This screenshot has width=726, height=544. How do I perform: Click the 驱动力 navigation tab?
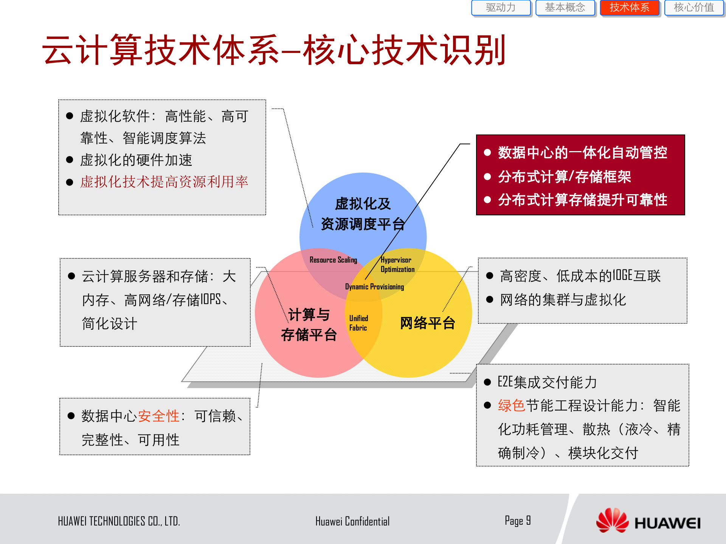(x=501, y=8)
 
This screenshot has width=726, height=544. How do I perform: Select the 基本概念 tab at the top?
(x=565, y=8)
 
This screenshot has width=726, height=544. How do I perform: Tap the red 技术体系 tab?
(x=630, y=8)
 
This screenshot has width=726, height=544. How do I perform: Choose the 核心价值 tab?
(x=694, y=8)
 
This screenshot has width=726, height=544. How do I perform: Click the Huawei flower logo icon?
(x=612, y=520)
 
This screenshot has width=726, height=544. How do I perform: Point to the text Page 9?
(x=518, y=521)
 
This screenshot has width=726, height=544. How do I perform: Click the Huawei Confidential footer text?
(x=352, y=521)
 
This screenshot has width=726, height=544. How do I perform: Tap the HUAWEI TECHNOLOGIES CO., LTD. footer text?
(x=119, y=521)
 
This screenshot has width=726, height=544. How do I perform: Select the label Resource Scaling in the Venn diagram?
(x=333, y=260)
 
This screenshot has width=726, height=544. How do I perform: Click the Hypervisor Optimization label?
(x=397, y=264)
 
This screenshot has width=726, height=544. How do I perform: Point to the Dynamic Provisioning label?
(x=374, y=287)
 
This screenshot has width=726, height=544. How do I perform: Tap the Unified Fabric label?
(x=358, y=323)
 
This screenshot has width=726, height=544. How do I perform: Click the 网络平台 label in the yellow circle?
(x=427, y=323)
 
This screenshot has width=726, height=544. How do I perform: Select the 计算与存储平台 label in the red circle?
(x=309, y=325)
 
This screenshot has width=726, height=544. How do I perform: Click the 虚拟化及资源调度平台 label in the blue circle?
(x=363, y=214)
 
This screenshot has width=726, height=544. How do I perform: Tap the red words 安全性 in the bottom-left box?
(x=158, y=416)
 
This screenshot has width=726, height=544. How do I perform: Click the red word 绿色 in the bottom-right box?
(x=511, y=405)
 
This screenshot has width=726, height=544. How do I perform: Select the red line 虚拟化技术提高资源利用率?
(x=164, y=182)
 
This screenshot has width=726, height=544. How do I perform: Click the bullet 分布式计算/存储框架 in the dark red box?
(x=564, y=176)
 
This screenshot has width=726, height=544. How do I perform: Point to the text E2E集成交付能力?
(x=547, y=382)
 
